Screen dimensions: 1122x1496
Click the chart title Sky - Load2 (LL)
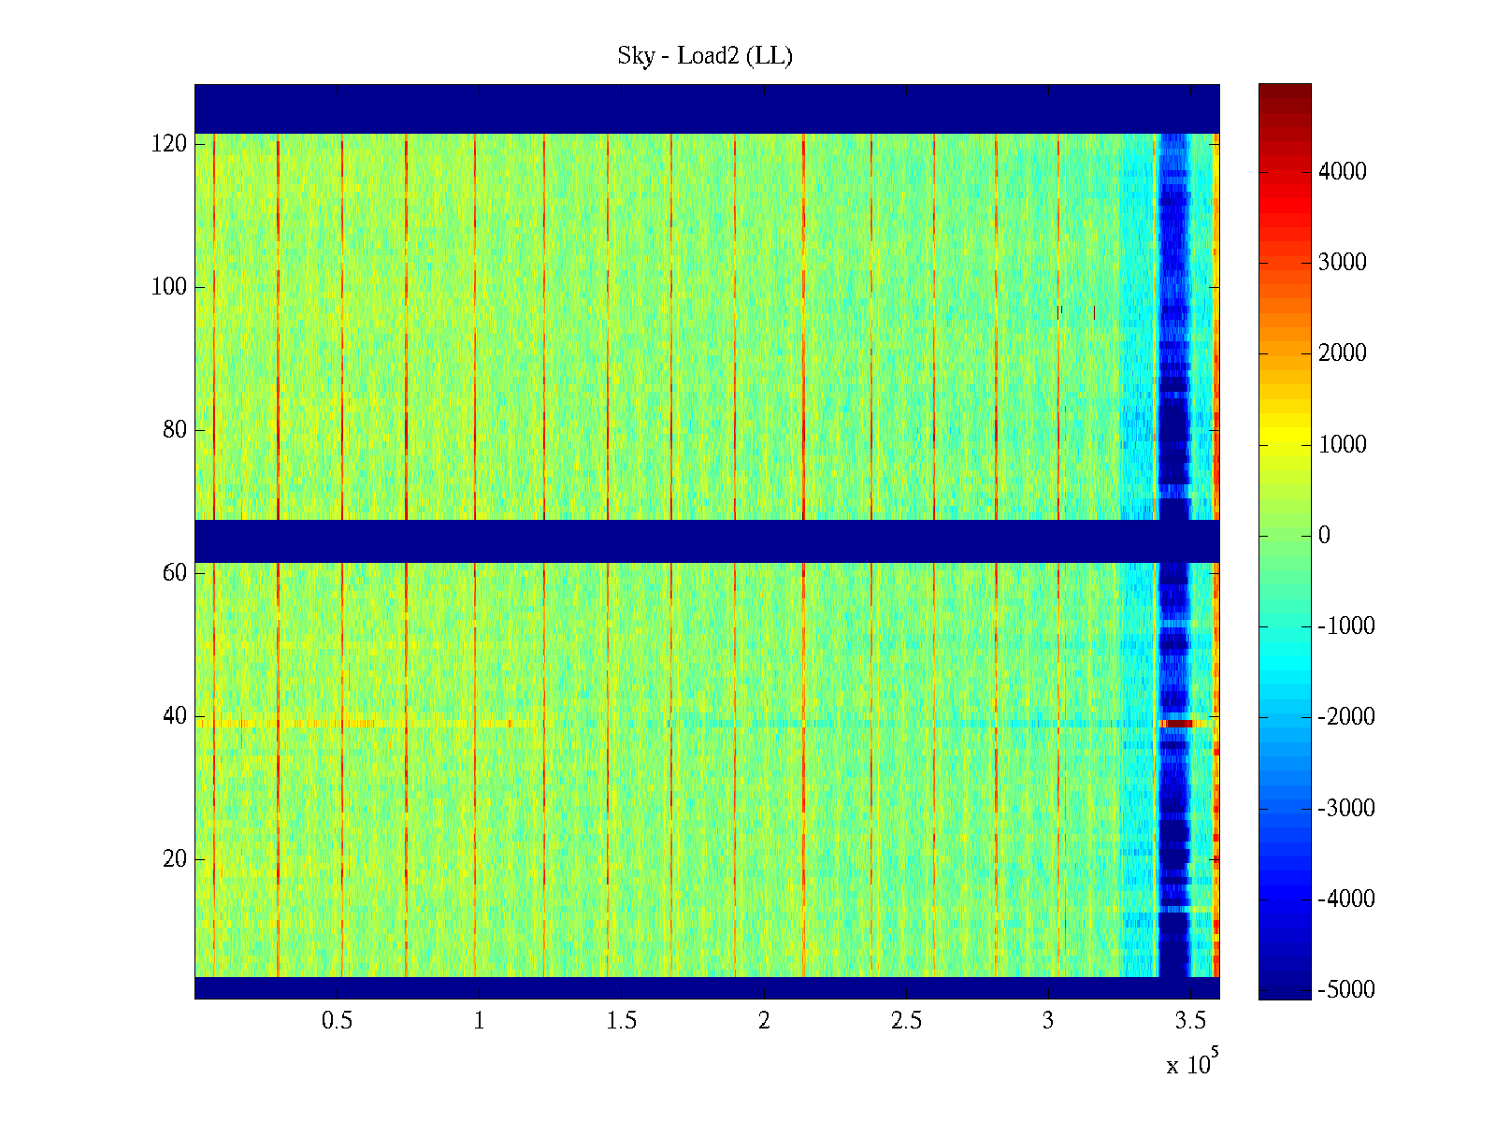705,56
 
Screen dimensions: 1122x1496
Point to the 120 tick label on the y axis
169,144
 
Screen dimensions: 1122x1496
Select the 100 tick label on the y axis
169,287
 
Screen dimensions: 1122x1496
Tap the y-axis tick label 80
175,430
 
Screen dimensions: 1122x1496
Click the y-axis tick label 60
175,573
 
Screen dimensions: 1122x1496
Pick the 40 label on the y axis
175,716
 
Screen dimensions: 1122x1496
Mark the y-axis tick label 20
175,859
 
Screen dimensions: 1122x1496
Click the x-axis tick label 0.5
338,1021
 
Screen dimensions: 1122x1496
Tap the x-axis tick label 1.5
622,1021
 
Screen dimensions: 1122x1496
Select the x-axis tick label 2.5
906,1021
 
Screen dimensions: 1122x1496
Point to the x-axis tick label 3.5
1190,1021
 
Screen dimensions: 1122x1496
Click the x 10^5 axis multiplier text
1191,1064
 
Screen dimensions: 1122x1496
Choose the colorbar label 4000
1342,171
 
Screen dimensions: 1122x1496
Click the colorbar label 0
1324,535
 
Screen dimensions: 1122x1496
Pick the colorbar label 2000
1342,352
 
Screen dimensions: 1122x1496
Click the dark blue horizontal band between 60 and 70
707,541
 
